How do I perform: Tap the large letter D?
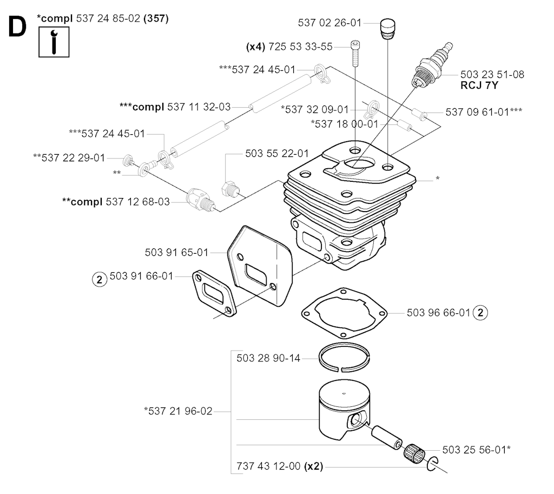pyautogui.click(x=17, y=27)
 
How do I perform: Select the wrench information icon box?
pyautogui.click(x=54, y=42)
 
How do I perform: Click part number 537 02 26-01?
pyautogui.click(x=329, y=23)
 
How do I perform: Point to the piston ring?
pyautogui.click(x=344, y=357)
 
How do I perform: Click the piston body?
pyautogui.click(x=345, y=410)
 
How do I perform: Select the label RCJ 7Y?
pyautogui.click(x=479, y=85)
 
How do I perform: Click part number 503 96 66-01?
pyautogui.click(x=438, y=313)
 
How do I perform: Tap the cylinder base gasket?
pyautogui.click(x=344, y=313)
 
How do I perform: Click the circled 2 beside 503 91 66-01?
pyautogui.click(x=100, y=280)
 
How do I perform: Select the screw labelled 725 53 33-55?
pyautogui.click(x=355, y=54)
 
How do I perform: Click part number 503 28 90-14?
pyautogui.click(x=268, y=358)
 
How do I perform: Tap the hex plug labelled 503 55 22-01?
pyautogui.click(x=230, y=189)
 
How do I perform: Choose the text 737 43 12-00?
pyautogui.click(x=268, y=466)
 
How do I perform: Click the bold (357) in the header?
pyautogui.click(x=156, y=18)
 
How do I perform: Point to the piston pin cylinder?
pyautogui.click(x=387, y=438)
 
